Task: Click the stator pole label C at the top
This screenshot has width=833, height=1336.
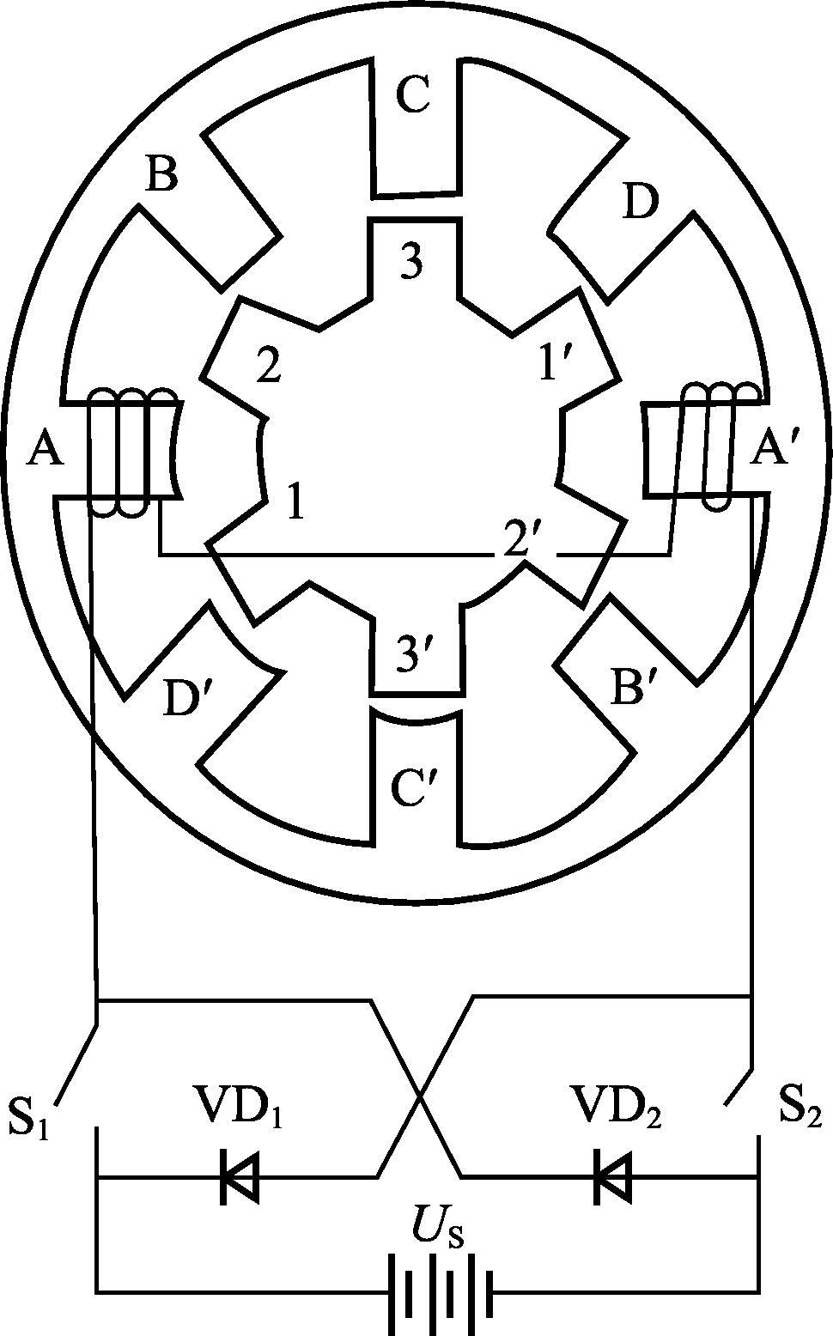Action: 413,96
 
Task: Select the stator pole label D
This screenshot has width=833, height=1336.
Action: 641,203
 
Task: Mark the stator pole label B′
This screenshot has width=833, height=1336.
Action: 634,688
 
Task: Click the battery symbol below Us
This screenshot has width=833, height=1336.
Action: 441,1289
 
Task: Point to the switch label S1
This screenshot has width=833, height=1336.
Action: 28,1115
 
